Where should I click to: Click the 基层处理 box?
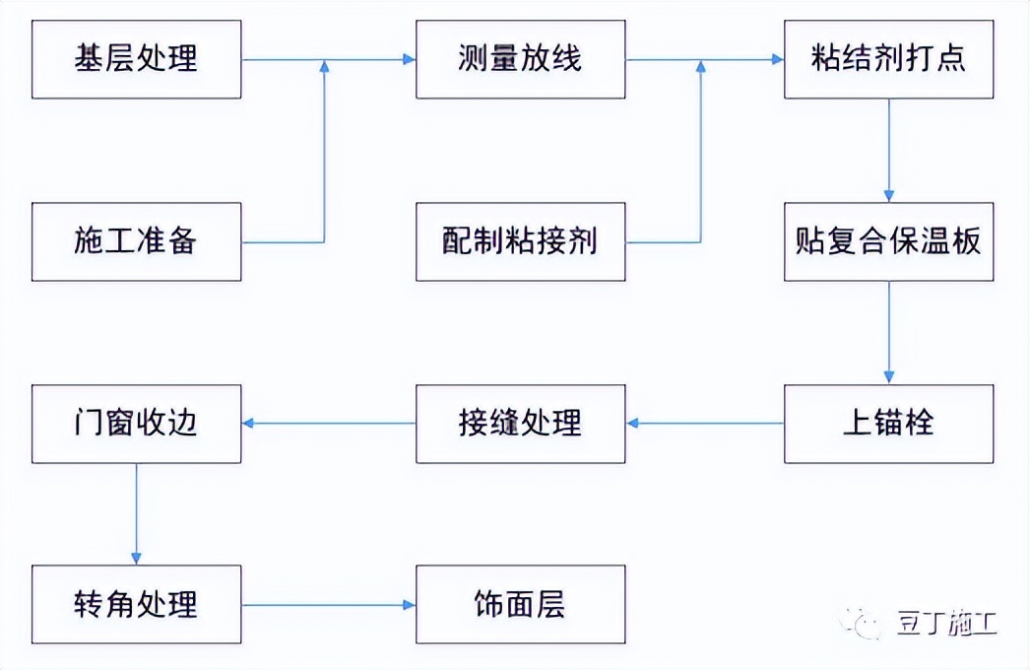[136, 59]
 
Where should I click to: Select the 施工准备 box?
[136, 241]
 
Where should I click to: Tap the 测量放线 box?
[520, 59]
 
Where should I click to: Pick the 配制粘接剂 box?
[520, 241]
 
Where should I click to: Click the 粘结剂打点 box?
[888, 59]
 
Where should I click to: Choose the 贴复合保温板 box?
[888, 241]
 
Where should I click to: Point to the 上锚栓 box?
[888, 424]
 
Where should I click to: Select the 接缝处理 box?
[520, 424]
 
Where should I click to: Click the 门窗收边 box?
[136, 424]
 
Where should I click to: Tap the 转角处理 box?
[136, 604]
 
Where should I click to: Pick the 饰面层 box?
[520, 604]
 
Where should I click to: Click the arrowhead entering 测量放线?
[409, 60]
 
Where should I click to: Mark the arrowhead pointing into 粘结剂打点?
[777, 60]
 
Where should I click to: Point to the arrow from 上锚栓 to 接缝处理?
[705, 424]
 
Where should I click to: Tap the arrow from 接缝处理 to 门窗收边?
[329, 424]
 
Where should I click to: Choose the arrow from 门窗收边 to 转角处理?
[136, 513]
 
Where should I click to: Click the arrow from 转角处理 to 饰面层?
[329, 604]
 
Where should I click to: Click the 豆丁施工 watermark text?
[946, 624]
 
